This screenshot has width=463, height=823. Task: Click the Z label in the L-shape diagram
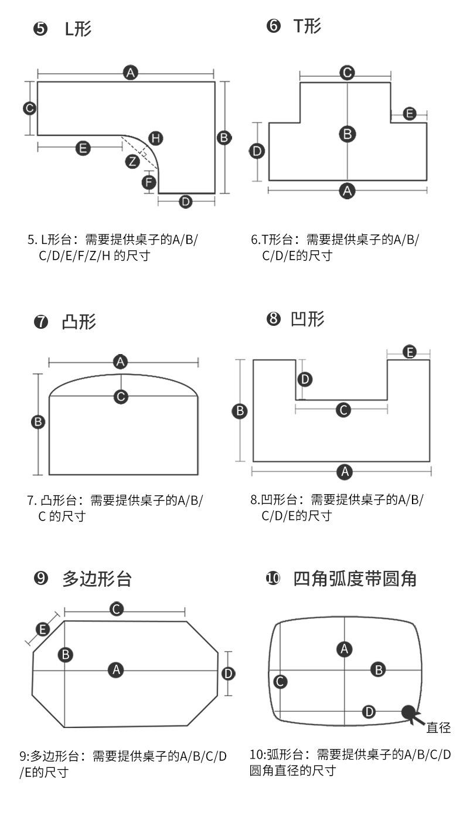tap(133, 161)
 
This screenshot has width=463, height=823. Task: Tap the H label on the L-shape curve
tap(155, 138)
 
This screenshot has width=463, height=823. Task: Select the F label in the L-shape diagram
tap(149, 183)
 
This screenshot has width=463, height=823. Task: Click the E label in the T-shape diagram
tap(410, 114)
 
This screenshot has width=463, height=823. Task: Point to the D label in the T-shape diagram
tap(257, 151)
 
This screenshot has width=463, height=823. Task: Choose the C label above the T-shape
tap(347, 73)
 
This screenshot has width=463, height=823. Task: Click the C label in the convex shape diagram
tap(121, 396)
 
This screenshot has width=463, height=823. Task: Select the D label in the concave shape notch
tap(305, 379)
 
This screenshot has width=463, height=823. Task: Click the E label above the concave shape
tap(410, 352)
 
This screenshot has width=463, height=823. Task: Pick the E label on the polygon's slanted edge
tap(43, 630)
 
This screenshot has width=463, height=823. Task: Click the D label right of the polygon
tap(229, 673)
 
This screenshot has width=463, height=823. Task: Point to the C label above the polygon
tap(117, 609)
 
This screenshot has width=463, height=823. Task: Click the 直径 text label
tap(438, 728)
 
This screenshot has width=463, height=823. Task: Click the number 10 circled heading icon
tap(273, 579)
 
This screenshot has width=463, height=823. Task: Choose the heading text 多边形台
tap(97, 579)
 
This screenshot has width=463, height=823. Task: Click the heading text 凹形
tap(308, 319)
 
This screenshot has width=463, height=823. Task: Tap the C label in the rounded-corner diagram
tap(280, 681)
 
